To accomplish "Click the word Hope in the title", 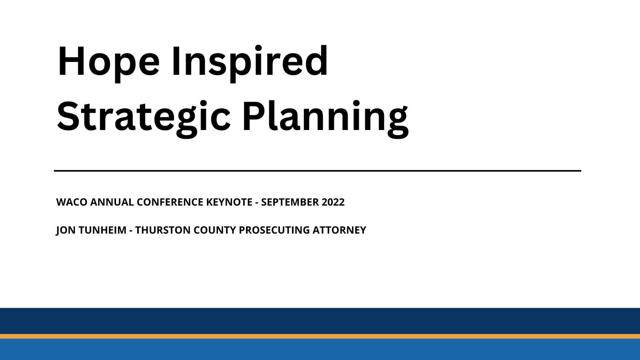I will pos(108,62).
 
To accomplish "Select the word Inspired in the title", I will pos(250,62).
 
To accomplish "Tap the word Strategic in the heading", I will pos(144,117).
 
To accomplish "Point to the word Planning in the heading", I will pos(325,117).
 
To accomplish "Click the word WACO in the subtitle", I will pos(72,202).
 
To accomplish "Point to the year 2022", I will pos(333,202).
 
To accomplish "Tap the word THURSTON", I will pos(162,230).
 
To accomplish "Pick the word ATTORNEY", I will pos(339,230).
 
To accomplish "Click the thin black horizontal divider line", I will pos(318,171).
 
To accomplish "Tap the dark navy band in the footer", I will pos(320,321).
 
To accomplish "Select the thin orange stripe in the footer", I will pos(320,336).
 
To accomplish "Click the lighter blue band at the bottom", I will pos(320,350).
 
